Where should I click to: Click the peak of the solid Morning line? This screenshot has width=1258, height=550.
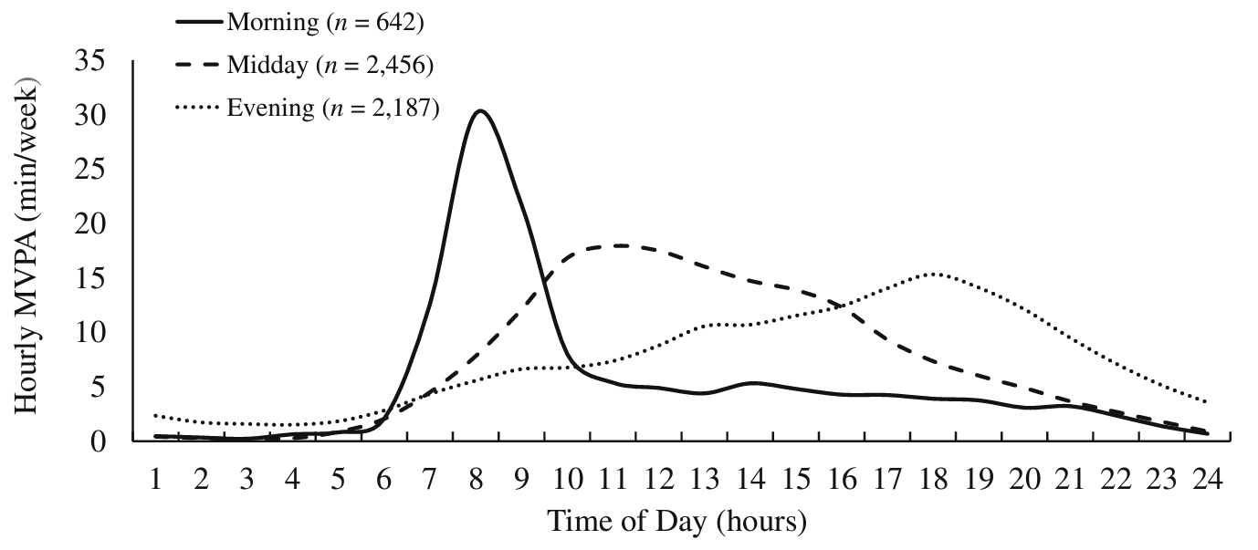point(479,110)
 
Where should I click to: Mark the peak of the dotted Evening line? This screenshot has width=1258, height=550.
point(933,274)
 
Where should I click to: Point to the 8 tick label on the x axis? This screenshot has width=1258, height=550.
point(476,478)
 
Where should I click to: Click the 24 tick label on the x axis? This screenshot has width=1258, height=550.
point(1208,478)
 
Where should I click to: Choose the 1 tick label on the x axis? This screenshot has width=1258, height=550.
point(156,478)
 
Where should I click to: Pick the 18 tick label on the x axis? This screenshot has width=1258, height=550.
point(933,478)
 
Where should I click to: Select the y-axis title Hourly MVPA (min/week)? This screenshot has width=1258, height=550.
point(27,246)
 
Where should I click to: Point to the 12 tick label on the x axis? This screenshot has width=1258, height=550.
point(658,478)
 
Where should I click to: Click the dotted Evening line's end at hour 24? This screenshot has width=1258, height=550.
point(1208,402)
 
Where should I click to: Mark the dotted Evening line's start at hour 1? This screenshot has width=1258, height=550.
point(156,416)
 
